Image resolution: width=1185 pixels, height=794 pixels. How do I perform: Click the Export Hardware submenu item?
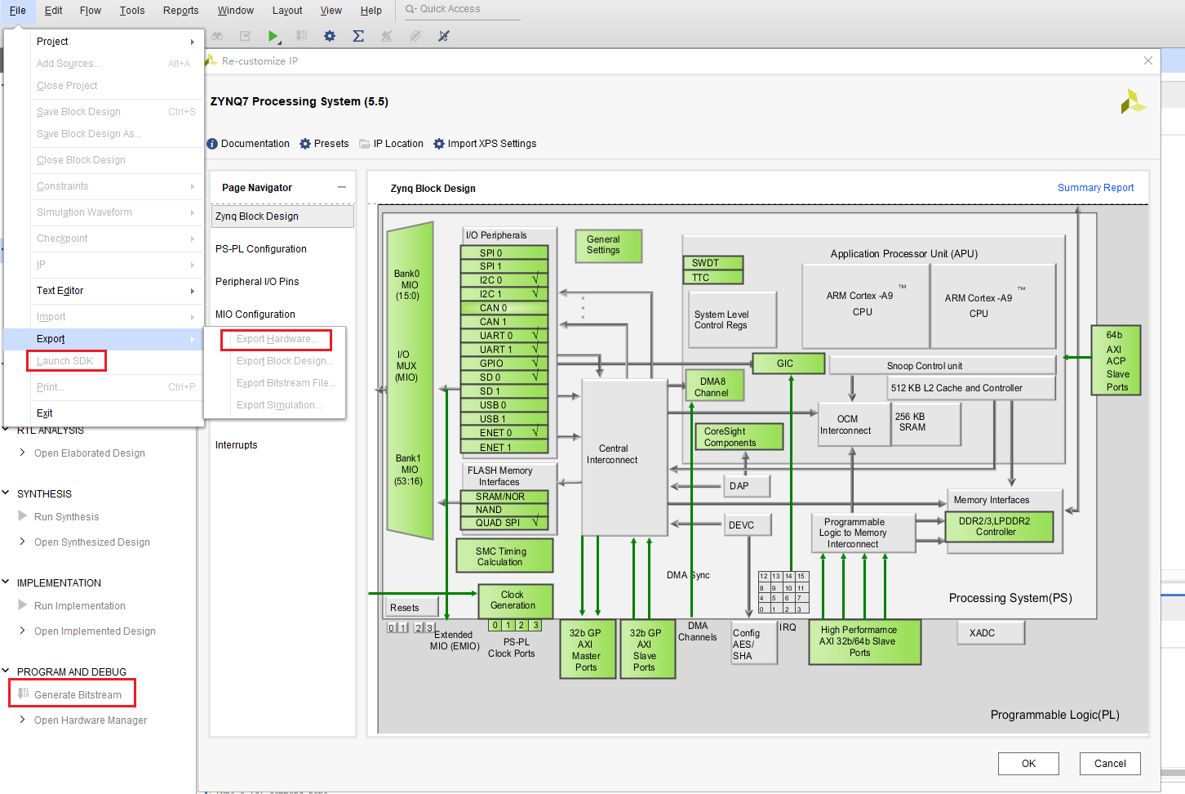coord(277,339)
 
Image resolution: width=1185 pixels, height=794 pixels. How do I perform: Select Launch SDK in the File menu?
coord(65,361)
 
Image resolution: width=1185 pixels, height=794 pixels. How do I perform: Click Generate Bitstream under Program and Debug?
coord(78,695)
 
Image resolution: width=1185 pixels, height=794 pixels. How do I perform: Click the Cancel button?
coord(1109,764)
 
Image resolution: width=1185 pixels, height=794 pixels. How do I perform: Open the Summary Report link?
coord(1095,188)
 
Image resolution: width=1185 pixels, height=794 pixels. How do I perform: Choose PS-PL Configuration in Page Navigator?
coord(261,249)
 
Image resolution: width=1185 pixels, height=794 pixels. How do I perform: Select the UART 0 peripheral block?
coord(496,336)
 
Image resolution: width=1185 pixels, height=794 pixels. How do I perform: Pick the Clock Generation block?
coord(514,600)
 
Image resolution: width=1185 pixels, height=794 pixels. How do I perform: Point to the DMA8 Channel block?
coord(714,387)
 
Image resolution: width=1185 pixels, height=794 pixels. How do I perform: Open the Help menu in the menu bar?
coord(371,11)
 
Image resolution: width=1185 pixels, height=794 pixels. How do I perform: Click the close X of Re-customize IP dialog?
coord(1147,60)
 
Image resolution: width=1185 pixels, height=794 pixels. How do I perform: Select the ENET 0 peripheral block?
coord(496,433)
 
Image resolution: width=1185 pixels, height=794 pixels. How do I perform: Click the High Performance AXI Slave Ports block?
coord(863,641)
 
